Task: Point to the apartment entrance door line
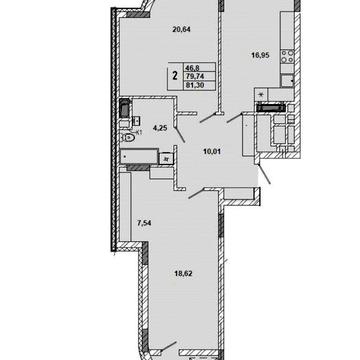264,180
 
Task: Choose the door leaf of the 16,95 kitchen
238,119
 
